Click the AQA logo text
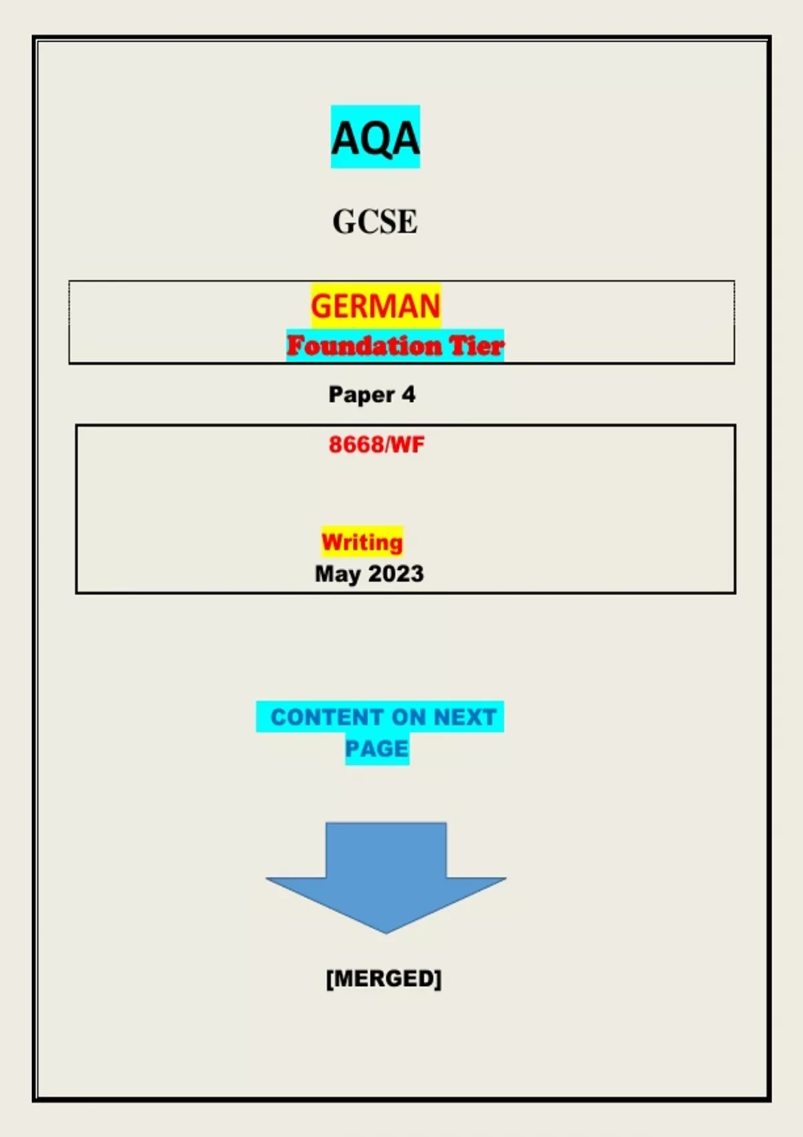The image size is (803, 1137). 375,138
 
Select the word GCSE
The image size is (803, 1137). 375,221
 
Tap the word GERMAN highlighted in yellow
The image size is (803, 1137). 375,306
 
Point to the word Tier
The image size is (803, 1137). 476,346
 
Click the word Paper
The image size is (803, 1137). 361,395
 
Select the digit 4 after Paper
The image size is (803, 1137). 408,394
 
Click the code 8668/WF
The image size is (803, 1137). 376,444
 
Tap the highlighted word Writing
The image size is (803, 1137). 362,542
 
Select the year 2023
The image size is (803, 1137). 395,574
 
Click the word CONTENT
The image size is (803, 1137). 327,717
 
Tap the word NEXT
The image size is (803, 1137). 464,717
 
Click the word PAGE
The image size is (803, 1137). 377,748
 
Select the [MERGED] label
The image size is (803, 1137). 383,978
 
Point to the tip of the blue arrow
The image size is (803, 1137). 386,931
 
